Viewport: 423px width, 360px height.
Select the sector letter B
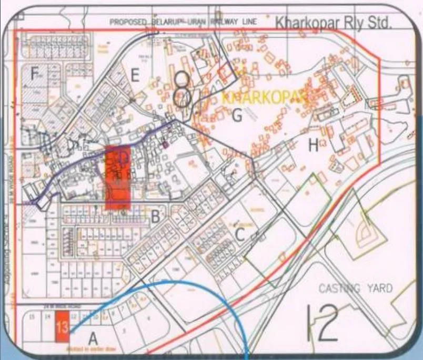(155, 215)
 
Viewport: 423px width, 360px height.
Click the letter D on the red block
(124, 157)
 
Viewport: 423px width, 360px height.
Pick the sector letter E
(135, 76)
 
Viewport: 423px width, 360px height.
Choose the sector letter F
(35, 75)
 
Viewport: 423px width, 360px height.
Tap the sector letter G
(237, 114)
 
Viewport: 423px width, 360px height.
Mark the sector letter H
(314, 146)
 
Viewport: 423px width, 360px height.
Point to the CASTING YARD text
(355, 288)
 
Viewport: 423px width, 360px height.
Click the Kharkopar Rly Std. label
(334, 23)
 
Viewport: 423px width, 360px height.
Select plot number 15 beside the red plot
(32, 317)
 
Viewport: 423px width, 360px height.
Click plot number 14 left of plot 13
(47, 317)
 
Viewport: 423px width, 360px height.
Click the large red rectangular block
(118, 179)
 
